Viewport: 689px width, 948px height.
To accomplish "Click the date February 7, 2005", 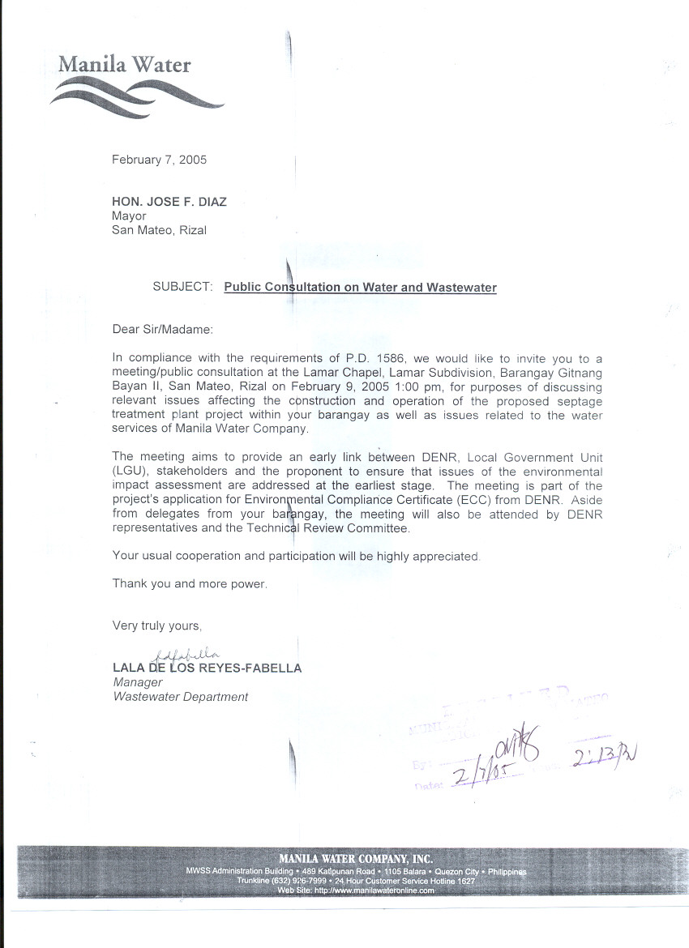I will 159,160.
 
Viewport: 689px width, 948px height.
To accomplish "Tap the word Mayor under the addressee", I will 129,216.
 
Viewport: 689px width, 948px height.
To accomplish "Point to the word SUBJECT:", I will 182,287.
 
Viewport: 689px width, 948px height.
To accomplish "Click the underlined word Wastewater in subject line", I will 460,287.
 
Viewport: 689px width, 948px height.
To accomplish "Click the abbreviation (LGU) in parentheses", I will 131,470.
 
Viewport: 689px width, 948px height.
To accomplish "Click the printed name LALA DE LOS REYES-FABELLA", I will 208,668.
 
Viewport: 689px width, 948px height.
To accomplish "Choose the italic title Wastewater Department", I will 180,697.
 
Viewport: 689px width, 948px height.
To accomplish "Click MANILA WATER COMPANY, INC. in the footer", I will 355,858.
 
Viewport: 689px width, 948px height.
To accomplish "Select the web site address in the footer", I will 356,890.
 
